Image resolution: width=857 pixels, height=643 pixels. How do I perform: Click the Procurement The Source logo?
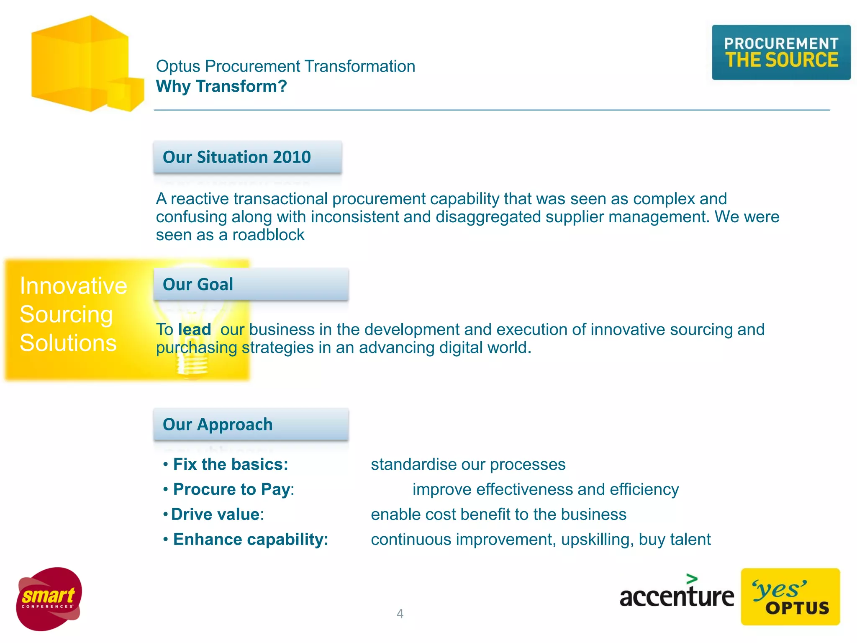[x=781, y=52]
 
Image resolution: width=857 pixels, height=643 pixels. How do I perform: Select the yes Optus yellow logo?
[x=790, y=597]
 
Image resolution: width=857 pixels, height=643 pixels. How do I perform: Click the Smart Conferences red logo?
[x=49, y=599]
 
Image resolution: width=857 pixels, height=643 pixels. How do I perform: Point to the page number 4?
[x=400, y=614]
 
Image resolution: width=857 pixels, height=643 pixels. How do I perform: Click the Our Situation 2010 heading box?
[x=248, y=157]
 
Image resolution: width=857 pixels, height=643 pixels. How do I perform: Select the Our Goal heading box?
[x=251, y=284]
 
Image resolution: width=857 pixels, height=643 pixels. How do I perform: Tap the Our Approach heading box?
[x=251, y=424]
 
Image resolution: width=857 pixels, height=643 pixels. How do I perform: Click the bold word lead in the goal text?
[x=195, y=329]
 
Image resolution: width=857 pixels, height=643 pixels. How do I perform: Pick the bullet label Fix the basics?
[x=231, y=464]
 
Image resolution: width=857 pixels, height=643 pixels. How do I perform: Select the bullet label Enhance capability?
[x=250, y=539]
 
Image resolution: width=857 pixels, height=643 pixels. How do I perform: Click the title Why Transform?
[x=221, y=86]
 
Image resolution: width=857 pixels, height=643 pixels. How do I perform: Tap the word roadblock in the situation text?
[x=268, y=235]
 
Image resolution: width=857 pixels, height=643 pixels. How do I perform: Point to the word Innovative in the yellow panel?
[x=73, y=286]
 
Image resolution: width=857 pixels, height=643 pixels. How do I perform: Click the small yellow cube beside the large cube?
[x=126, y=95]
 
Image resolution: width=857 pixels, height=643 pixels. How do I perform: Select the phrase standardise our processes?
[x=468, y=464]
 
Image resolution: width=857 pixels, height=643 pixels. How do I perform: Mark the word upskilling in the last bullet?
[x=595, y=539]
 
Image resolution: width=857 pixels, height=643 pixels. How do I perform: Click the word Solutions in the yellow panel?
[x=68, y=343]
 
